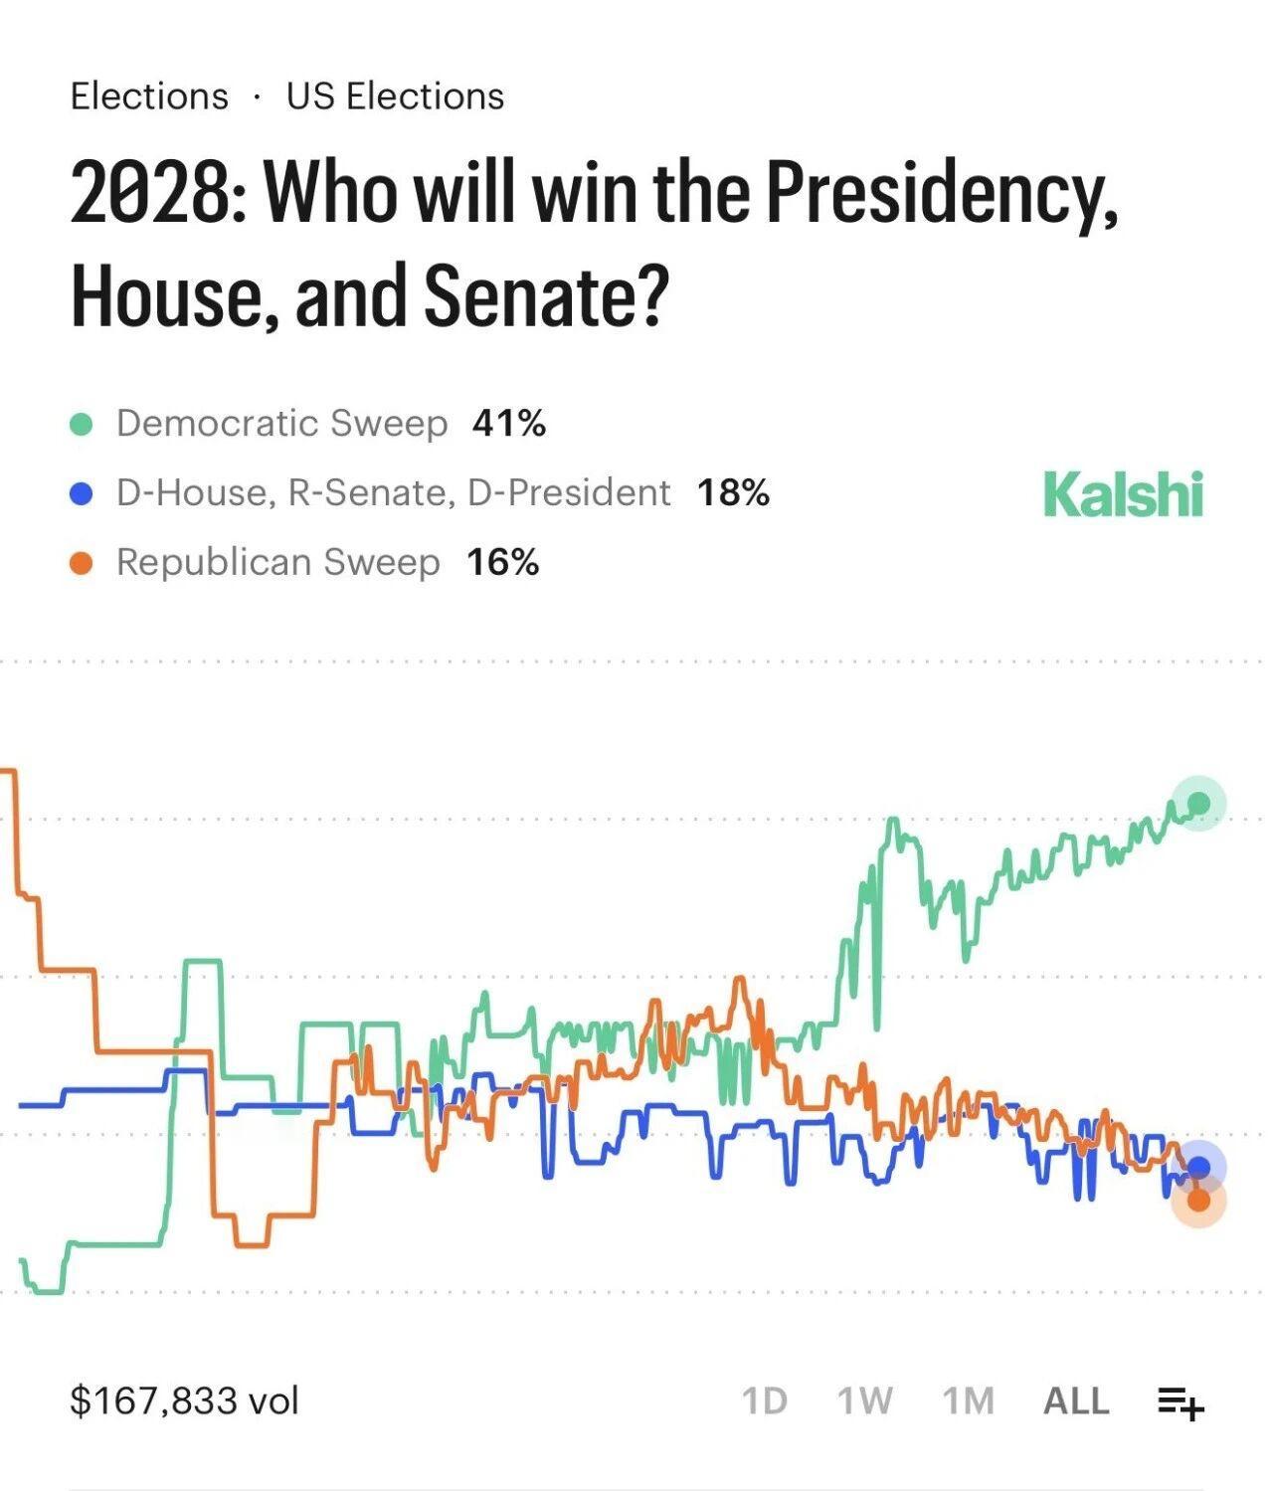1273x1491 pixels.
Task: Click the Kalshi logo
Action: click(x=1123, y=494)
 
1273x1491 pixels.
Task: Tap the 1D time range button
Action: click(x=765, y=1400)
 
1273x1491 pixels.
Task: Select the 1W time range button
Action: click(x=864, y=1400)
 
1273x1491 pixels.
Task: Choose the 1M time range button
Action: click(x=968, y=1400)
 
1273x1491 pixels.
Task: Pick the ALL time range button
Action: click(x=1076, y=1400)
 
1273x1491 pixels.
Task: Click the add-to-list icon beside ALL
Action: click(x=1181, y=1402)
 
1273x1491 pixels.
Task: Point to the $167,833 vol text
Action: click(x=184, y=1400)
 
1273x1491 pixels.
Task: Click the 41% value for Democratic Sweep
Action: click(x=509, y=424)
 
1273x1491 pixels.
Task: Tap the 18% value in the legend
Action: click(x=733, y=493)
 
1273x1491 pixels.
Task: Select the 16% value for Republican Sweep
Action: click(x=502, y=563)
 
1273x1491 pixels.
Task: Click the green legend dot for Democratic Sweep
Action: click(x=82, y=425)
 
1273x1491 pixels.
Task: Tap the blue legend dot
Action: click(x=82, y=494)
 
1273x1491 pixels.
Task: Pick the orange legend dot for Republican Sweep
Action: click(x=82, y=564)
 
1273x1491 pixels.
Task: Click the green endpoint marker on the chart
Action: click(x=1198, y=803)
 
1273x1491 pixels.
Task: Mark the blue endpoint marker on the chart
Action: click(x=1198, y=1167)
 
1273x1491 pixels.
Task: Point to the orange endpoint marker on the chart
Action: click(x=1198, y=1201)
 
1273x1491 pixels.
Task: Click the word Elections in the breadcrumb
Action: click(x=149, y=96)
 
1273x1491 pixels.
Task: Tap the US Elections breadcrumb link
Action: click(x=395, y=96)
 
